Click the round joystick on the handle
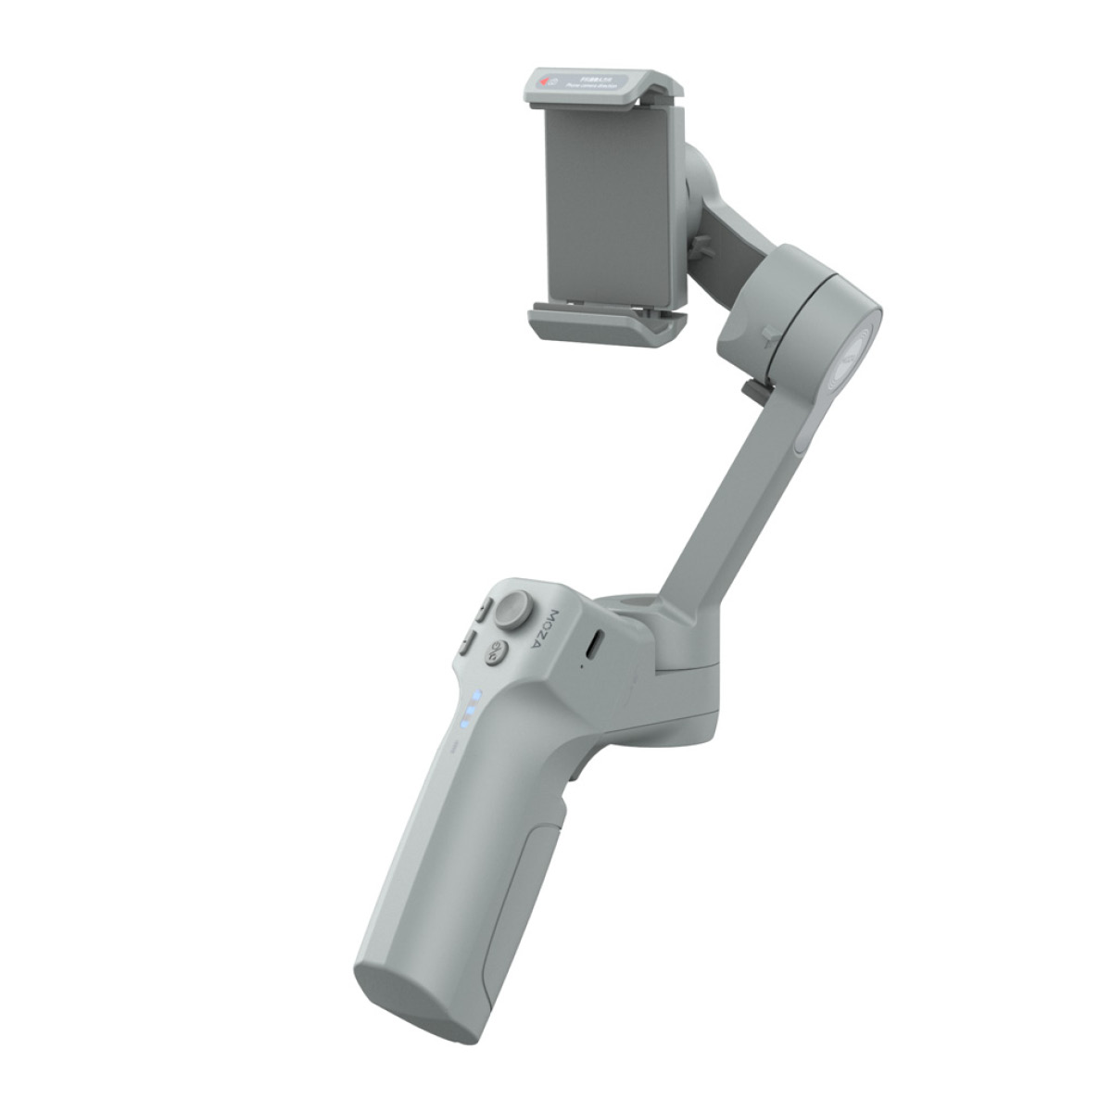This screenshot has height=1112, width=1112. pyautogui.click(x=512, y=610)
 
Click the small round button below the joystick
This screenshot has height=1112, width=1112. pyautogui.click(x=499, y=651)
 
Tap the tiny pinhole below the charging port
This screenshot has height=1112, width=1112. pyautogui.click(x=583, y=664)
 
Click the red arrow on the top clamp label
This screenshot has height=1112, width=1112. pyautogui.click(x=546, y=83)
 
